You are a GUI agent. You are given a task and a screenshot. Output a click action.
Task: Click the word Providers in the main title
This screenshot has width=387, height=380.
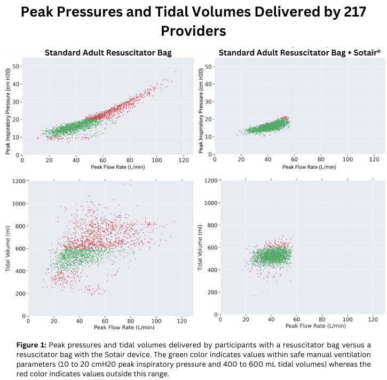point(193,31)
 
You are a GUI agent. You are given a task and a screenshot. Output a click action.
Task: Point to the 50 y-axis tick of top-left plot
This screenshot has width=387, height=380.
point(16,66)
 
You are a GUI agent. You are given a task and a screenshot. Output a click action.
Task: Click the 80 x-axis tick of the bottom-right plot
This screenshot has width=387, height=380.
point(321,319)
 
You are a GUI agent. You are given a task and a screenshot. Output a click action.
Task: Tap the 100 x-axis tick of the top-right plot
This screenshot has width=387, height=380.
point(348,159)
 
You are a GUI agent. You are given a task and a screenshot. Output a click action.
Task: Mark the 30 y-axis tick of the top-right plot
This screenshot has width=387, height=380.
point(209,102)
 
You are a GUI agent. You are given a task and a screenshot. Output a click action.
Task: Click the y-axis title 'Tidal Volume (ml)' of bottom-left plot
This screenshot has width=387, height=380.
point(9,250)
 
